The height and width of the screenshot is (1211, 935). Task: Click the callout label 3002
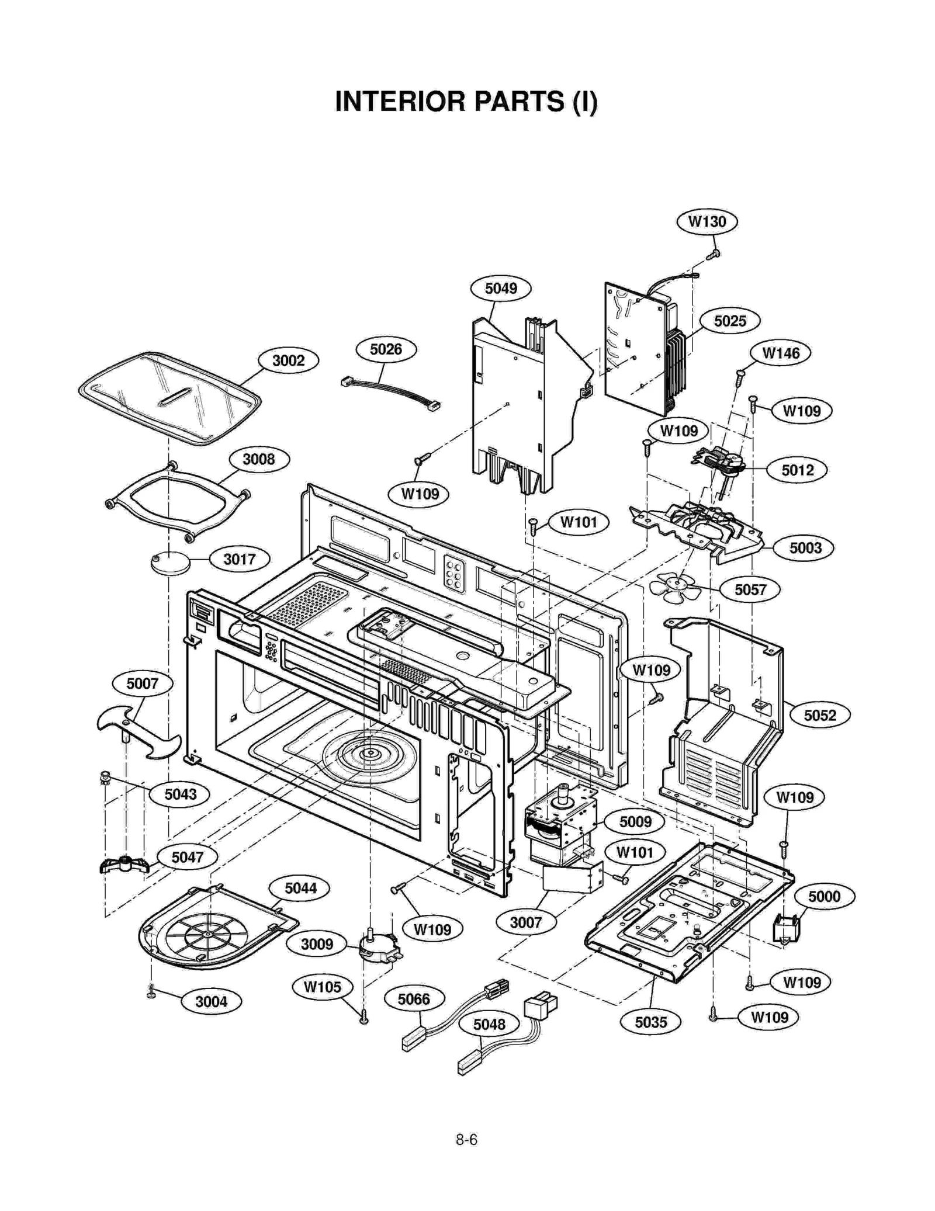tap(288, 360)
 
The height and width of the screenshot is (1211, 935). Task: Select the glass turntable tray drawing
tap(169, 397)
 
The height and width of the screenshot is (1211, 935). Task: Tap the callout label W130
tap(707, 221)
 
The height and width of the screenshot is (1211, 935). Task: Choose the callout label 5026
tap(386, 349)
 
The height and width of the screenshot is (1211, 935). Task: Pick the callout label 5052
tap(819, 715)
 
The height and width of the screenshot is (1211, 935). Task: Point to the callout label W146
tap(780, 353)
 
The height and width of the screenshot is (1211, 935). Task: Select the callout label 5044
tap(300, 888)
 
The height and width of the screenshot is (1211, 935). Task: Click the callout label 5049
tap(501, 288)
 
